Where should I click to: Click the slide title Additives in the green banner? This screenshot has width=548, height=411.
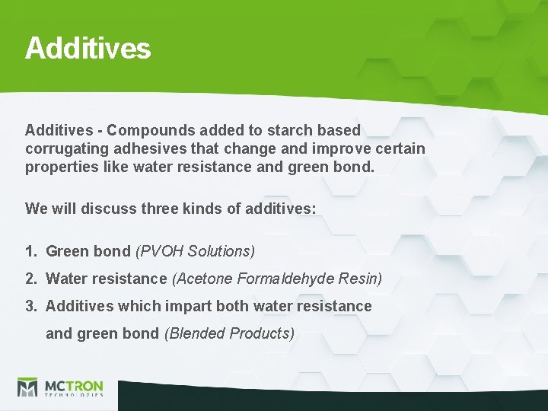coord(88,48)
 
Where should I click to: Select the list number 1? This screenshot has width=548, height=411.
coord(30,250)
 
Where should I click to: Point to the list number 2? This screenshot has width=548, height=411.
coord(30,279)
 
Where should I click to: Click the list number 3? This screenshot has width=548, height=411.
coord(30,306)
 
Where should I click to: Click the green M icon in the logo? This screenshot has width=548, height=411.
coord(27,387)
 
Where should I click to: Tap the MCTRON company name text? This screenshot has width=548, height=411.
coord(73,384)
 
